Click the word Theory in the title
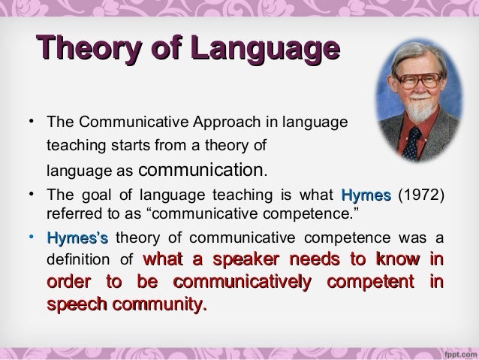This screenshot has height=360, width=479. [x=83, y=52]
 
